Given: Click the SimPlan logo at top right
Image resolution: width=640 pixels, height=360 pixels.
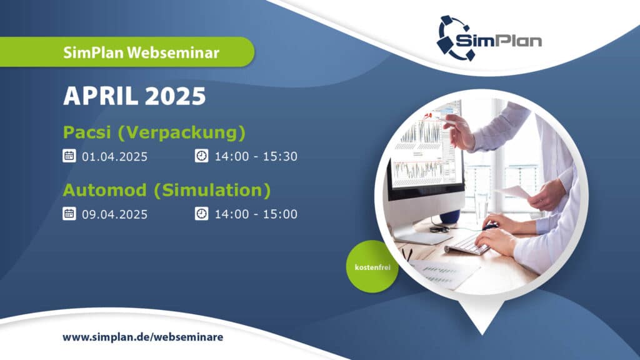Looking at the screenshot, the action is (489, 38).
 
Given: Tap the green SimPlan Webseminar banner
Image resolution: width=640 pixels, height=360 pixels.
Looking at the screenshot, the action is (127, 52).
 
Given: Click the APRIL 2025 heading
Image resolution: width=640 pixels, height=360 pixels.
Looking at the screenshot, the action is (134, 96).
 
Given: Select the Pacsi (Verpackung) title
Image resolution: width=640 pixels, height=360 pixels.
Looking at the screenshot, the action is (154, 132).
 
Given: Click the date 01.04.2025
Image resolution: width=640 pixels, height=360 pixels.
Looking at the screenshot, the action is (115, 157).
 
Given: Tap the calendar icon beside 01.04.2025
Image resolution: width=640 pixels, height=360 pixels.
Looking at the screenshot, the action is (69, 156).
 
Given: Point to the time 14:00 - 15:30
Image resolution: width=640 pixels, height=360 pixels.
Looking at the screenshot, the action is (256, 156).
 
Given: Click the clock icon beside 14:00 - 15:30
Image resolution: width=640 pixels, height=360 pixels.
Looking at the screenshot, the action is (202, 156).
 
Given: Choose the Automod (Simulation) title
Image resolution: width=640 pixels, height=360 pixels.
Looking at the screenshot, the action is (167, 190).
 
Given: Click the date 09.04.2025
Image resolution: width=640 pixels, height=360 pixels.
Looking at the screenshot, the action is (115, 214).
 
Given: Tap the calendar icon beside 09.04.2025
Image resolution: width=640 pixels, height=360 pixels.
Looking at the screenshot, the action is (69, 214).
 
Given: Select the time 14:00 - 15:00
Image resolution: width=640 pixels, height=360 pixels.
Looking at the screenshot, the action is (256, 214).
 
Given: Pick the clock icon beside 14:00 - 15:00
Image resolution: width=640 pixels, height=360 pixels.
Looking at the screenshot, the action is (202, 214).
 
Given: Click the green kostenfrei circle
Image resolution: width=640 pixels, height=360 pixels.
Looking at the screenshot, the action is (372, 266).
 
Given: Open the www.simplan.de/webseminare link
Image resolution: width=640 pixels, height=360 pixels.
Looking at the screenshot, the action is (143, 337).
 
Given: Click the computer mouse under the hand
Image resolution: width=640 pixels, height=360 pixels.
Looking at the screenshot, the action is (490, 226).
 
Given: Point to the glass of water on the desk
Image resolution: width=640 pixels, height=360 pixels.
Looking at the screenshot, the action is (482, 206).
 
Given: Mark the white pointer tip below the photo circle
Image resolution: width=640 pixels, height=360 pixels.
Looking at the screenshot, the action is (482, 334).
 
